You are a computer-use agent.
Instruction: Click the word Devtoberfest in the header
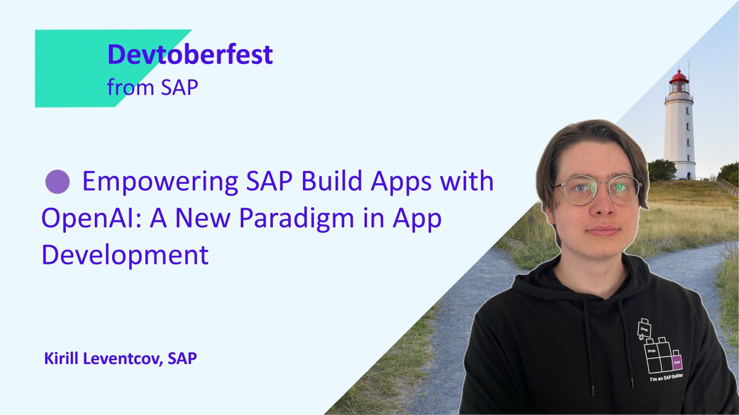click(x=190, y=55)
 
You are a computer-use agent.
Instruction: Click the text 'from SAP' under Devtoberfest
click(x=152, y=87)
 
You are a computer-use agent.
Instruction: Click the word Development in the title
click(x=125, y=255)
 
